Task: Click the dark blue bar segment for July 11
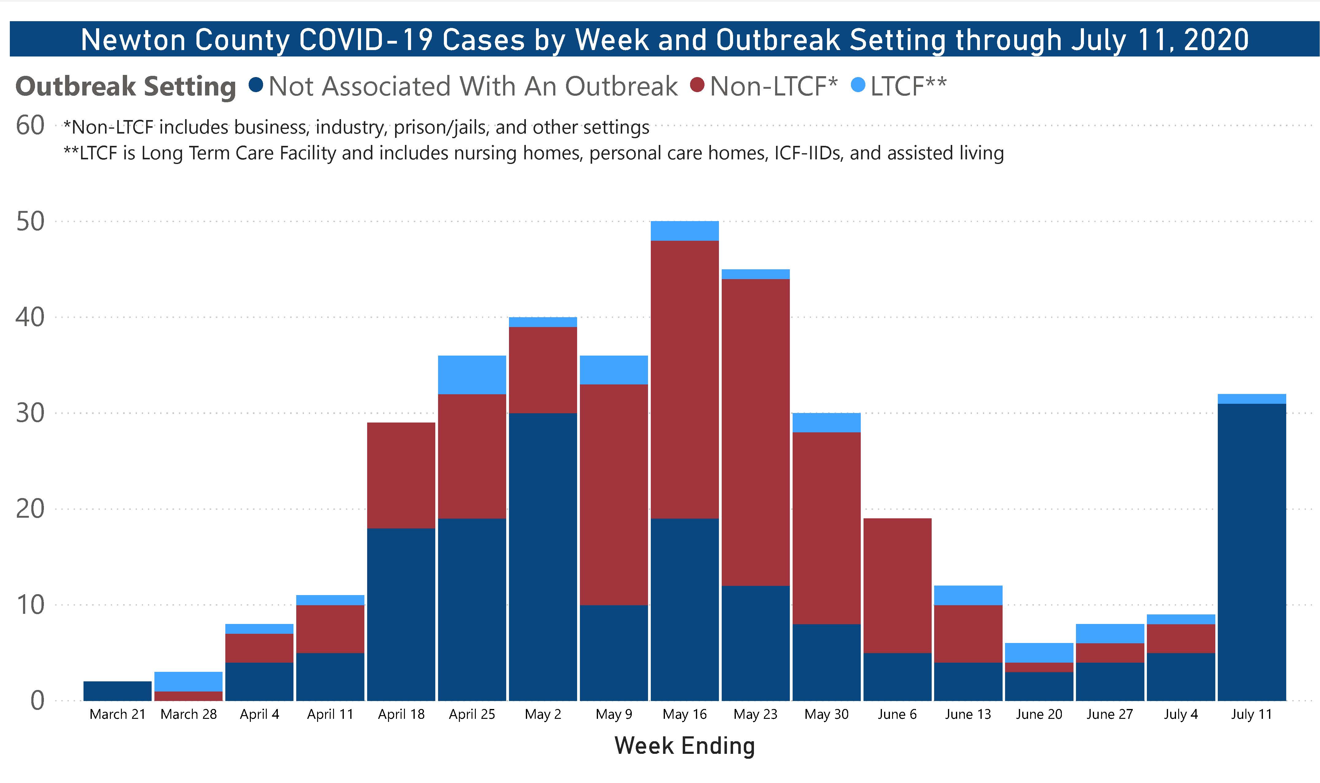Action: pos(1252,551)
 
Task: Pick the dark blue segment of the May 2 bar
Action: pos(543,557)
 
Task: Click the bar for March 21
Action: pos(117,691)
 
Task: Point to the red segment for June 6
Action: pos(897,586)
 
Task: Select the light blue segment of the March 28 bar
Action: pos(188,681)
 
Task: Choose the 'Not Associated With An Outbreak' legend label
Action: pos(472,86)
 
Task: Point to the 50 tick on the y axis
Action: pos(30,222)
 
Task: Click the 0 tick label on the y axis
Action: pos(37,701)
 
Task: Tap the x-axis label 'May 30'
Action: pos(826,715)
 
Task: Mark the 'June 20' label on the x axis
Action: pos(1039,715)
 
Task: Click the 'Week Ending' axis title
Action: pos(685,746)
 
